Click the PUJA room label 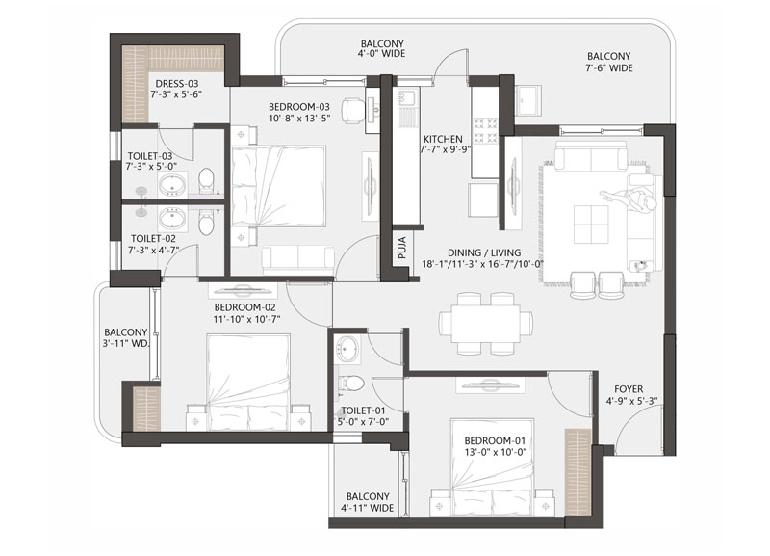pos(402,249)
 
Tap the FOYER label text pos(629,389)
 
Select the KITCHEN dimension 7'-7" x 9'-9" pos(446,150)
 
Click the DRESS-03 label pos(177,84)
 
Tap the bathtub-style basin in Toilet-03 pos(172,184)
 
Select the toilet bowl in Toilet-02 pos(207,223)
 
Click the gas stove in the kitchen pos(486,130)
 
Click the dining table pos(486,324)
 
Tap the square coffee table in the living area pos(591,225)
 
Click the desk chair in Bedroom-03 pos(352,109)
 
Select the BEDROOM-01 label pos(495,440)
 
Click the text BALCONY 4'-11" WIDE pos(371,502)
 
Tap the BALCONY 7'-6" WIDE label pos(609,63)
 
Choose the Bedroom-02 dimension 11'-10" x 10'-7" pos(246,319)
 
